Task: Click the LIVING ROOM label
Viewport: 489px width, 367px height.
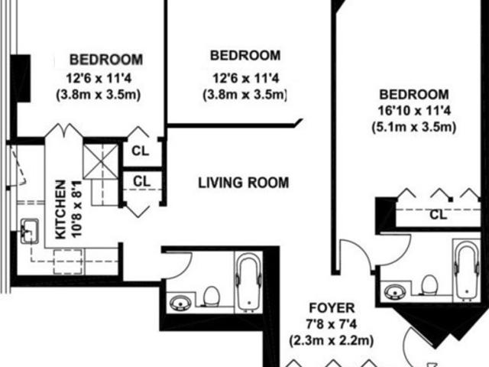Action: [244, 183]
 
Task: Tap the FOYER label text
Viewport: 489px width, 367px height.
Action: [332, 308]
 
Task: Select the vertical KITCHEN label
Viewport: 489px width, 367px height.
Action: [61, 209]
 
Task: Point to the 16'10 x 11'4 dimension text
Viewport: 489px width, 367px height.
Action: [414, 111]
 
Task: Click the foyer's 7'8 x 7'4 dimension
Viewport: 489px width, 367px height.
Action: [331, 324]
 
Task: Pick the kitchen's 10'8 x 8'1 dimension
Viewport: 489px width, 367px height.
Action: [77, 209]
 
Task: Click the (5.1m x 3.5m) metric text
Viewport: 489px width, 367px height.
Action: [414, 128]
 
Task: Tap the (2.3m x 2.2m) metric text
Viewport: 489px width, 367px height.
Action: [331, 341]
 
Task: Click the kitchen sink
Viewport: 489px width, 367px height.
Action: [30, 231]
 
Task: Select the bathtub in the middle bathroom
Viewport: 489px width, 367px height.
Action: [248, 282]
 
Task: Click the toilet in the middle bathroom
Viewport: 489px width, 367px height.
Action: [212, 296]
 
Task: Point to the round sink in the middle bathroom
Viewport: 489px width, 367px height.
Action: [180, 303]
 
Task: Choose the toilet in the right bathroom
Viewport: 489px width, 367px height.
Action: [429, 285]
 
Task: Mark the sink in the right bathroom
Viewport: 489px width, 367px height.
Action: [395, 292]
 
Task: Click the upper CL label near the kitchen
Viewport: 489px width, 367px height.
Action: [141, 151]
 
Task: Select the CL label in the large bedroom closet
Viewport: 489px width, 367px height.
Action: [438, 214]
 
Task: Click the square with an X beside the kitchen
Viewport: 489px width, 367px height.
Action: [101, 161]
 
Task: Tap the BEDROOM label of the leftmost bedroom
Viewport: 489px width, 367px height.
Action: [106, 60]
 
